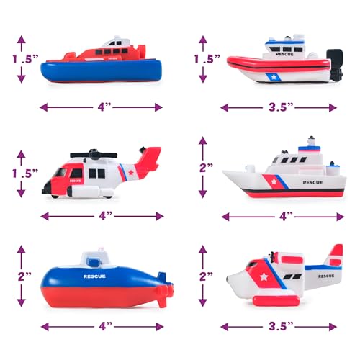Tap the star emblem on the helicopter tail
(131, 172)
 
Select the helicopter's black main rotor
(94, 154)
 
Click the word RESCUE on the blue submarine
(94, 276)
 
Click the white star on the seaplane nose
(264, 277)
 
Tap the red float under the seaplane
(276, 300)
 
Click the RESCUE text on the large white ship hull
(312, 183)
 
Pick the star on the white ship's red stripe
(274, 181)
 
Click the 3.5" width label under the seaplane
(281, 326)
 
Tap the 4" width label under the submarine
(105, 326)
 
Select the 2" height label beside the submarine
(24, 276)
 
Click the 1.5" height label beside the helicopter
(25, 174)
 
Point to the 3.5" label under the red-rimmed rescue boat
(281, 107)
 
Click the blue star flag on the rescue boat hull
(273, 77)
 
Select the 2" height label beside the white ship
(206, 168)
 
